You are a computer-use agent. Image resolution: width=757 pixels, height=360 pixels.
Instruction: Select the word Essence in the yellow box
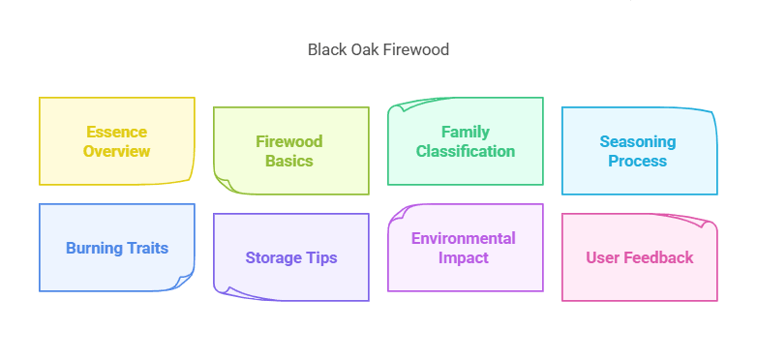pyautogui.click(x=116, y=132)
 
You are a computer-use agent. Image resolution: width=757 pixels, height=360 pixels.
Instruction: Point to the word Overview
pyautogui.click(x=116, y=151)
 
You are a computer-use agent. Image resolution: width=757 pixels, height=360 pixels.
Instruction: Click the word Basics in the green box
pyautogui.click(x=289, y=161)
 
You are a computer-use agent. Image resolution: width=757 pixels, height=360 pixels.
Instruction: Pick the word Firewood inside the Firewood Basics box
pyautogui.click(x=289, y=141)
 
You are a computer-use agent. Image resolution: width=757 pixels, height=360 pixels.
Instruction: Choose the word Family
pyautogui.click(x=466, y=132)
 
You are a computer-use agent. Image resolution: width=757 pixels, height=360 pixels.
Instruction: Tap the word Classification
pyautogui.click(x=466, y=151)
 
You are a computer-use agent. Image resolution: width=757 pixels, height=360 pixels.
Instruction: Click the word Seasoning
pyautogui.click(x=637, y=141)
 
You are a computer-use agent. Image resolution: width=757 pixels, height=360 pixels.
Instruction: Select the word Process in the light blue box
pyautogui.click(x=637, y=161)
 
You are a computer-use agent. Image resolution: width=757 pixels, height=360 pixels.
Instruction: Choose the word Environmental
pyautogui.click(x=464, y=238)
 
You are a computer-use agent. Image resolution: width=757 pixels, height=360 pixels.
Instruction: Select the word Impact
pyautogui.click(x=464, y=257)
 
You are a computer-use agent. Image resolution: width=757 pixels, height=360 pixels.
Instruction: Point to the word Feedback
pyautogui.click(x=658, y=257)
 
